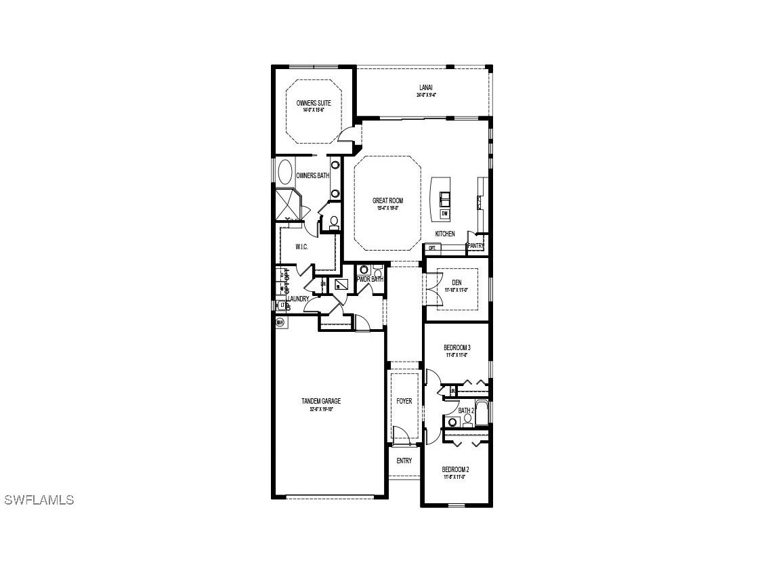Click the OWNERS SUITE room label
pyautogui.click(x=314, y=103)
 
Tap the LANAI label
pyautogui.click(x=425, y=87)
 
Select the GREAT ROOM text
pyautogui.click(x=387, y=200)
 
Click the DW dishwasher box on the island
pyautogui.click(x=445, y=214)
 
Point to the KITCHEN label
pyautogui.click(x=445, y=234)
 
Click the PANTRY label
pyautogui.click(x=475, y=246)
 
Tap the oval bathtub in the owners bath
pyautogui.click(x=285, y=171)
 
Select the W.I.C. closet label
pyautogui.click(x=301, y=247)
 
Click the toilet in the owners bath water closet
pyautogui.click(x=333, y=221)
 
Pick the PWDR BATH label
pyautogui.click(x=370, y=279)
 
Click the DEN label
pyautogui.click(x=457, y=282)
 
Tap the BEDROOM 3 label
pyautogui.click(x=457, y=347)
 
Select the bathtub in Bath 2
pyautogui.click(x=482, y=413)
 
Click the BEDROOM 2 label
pyautogui.click(x=456, y=469)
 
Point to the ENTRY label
pyautogui.click(x=404, y=461)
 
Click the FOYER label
pyautogui.click(x=404, y=401)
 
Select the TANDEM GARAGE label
pyautogui.click(x=321, y=401)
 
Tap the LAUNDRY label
pyautogui.click(x=299, y=299)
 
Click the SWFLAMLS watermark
pyautogui.click(x=39, y=500)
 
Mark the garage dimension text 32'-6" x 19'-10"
pyautogui.click(x=321, y=409)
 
